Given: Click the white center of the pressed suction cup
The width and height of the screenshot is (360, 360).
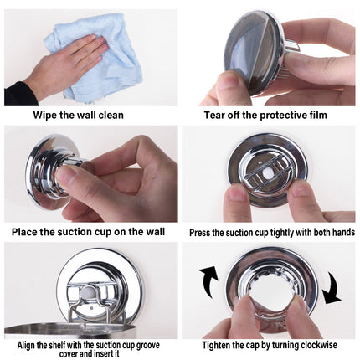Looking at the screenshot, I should pos(266,169).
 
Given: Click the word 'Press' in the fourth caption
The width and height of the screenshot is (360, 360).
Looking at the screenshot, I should pos(201,231).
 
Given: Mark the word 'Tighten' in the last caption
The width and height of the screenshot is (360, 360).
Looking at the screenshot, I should pos(219,345).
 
